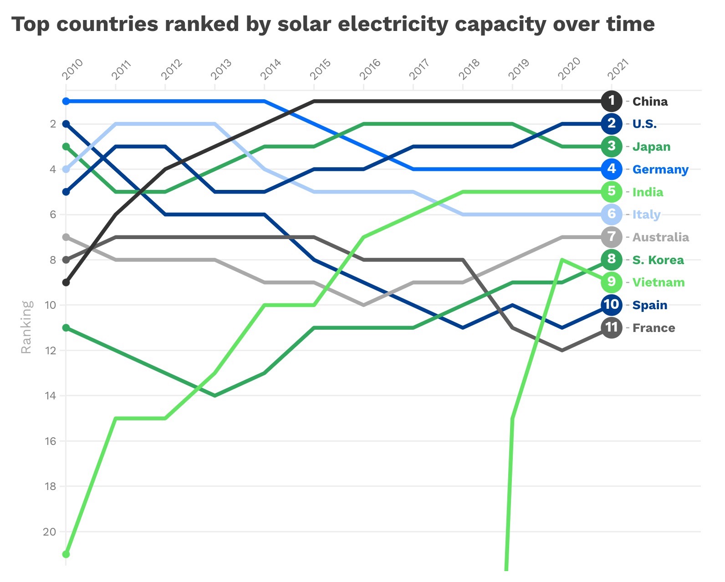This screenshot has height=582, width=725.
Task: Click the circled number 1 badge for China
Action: tap(611, 101)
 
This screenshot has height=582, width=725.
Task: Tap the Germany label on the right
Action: tap(660, 169)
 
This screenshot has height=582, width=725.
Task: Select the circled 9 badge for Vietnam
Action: tap(611, 282)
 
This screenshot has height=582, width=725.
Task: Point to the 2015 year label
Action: tap(320, 70)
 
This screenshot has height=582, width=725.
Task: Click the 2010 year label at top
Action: tap(72, 70)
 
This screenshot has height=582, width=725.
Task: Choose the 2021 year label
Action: tap(618, 70)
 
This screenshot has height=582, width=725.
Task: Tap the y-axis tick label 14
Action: tap(51, 396)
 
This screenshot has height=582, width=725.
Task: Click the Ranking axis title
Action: tap(26, 327)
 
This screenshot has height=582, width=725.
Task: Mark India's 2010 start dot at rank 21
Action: tap(66, 554)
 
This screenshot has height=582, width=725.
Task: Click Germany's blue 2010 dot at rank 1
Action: tap(66, 101)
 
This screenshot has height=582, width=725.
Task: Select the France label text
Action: tap(653, 328)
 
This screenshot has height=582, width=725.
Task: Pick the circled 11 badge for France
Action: tap(611, 327)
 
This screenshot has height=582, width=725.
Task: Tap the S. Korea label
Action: tap(658, 260)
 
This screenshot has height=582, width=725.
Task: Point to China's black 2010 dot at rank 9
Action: tap(66, 282)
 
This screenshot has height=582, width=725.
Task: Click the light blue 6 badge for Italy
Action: tap(611, 214)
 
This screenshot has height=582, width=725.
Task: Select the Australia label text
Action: tap(660, 237)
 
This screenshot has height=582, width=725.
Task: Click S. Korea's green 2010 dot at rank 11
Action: tap(66, 327)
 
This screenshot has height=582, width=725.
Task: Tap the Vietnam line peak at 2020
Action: tap(562, 260)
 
